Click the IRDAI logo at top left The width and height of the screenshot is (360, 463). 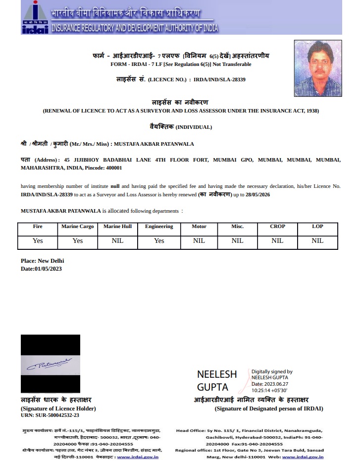(35, 17)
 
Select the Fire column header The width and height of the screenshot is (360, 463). (38, 227)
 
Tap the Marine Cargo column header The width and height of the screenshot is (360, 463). (77, 227)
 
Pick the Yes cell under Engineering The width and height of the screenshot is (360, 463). (159, 240)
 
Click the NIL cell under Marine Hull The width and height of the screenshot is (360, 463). (117, 240)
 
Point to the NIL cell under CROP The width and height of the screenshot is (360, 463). (277, 240)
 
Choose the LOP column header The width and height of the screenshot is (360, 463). (317, 227)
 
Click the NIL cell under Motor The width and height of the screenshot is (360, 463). (199, 240)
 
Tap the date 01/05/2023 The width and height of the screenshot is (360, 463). (49, 269)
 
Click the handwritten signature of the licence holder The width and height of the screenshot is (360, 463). (50, 364)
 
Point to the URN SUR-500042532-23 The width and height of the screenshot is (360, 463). (50, 415)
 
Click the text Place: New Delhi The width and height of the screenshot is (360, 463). (42, 261)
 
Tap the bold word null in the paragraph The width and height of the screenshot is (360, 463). (115, 186)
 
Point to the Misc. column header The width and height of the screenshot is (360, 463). (237, 227)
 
